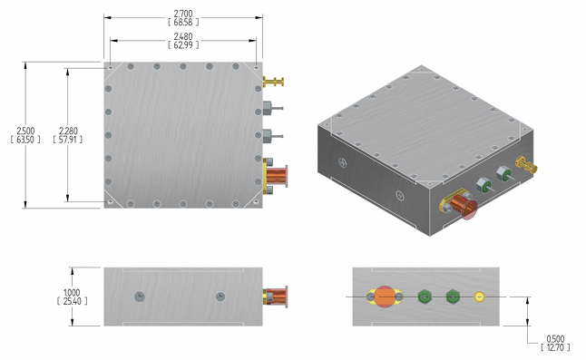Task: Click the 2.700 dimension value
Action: coord(182,14)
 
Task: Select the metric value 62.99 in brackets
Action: coord(182,44)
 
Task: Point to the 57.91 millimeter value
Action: coord(68,139)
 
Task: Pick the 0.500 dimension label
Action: coord(553,338)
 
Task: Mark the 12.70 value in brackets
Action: coord(553,346)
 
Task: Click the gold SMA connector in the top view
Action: coord(273,83)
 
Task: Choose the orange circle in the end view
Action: coord(385,297)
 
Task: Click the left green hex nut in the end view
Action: coord(424,297)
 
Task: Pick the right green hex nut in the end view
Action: coord(453,297)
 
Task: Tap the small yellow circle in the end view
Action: coord(480,297)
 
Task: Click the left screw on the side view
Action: coord(138,297)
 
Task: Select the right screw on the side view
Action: coord(220,297)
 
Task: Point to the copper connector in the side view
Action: coord(275,297)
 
